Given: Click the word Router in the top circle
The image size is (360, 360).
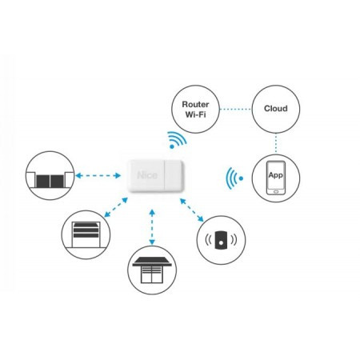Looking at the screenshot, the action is point(195,104).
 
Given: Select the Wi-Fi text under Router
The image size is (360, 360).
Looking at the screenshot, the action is point(195,114).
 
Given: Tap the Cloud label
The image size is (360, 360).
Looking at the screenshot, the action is point(276,109).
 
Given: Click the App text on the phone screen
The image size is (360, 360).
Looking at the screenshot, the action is point(276,175).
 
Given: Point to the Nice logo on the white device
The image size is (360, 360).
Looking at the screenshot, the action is point(147,175).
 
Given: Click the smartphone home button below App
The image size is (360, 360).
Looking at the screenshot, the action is point(276,192).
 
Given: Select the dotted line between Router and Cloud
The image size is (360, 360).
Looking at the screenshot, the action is point(235,109).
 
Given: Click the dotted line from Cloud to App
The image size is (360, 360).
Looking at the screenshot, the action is point(276,143).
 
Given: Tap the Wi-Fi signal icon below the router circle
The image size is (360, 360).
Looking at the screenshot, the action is point(177,140).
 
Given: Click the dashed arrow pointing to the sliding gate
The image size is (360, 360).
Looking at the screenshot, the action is point(98,175).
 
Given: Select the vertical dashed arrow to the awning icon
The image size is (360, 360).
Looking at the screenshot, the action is point(152,227).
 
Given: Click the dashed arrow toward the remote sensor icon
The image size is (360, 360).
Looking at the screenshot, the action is point(192,210).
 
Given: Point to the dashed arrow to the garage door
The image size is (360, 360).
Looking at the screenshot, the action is point(116,207).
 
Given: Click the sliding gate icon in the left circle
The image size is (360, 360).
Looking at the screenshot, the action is point(50,179).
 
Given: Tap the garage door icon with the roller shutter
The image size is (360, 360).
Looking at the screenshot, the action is point(86,235).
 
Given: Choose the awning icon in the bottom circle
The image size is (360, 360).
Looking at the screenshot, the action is point(152,270).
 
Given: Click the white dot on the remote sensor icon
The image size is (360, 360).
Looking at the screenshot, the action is point(221,243).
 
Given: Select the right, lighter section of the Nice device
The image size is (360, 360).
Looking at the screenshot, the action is point(174,175).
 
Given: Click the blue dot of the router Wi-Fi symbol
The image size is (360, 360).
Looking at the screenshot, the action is point(172,146).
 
